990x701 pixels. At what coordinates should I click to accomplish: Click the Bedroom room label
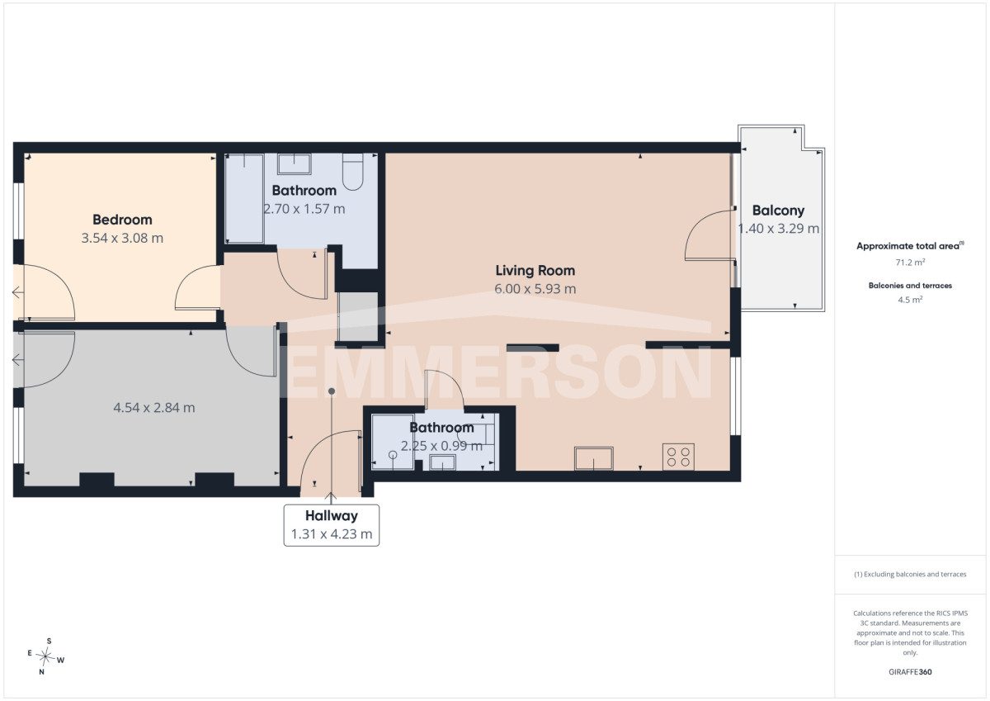click(122, 220)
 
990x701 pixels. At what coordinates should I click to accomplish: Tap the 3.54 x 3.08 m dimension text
click(122, 238)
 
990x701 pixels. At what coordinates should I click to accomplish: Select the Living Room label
click(535, 270)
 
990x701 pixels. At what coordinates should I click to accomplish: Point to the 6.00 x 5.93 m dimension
click(535, 289)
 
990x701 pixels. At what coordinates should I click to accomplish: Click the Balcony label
click(778, 211)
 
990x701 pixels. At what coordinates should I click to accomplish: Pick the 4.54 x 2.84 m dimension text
click(153, 407)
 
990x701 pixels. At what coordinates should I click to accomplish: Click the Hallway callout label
click(332, 516)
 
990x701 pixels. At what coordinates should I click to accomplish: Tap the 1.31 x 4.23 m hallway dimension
click(332, 534)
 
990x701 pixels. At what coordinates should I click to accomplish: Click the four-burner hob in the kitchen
click(678, 457)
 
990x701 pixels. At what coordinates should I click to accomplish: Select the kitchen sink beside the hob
click(593, 458)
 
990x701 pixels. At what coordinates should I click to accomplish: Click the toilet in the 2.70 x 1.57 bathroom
click(353, 172)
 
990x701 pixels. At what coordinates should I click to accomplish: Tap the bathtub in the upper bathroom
click(244, 198)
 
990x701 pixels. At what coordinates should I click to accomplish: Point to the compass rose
click(45, 656)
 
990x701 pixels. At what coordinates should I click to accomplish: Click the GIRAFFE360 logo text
click(910, 672)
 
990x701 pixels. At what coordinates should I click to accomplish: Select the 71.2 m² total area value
click(910, 263)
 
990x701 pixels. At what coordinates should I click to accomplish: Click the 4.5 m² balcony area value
click(910, 300)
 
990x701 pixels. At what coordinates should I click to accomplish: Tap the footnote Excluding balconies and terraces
click(910, 574)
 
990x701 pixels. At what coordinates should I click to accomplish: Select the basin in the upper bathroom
click(294, 164)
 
